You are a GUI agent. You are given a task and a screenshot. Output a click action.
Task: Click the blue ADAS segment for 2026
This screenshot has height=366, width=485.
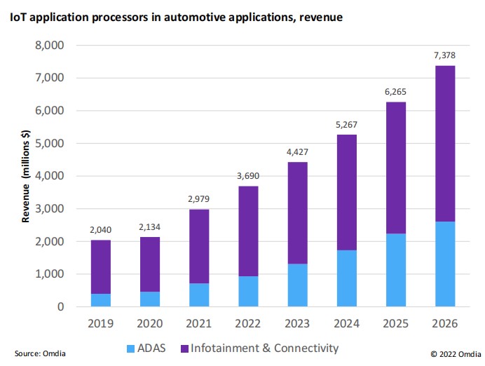point(445,264)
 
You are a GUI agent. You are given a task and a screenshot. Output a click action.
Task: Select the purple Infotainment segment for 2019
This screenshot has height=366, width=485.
point(100,266)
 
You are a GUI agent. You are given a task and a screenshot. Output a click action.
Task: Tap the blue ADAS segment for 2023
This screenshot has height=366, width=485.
point(297,285)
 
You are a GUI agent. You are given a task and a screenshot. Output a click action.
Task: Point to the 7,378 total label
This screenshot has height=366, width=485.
point(445,55)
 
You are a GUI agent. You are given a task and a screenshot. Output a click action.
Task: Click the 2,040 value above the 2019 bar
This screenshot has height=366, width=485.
point(100,230)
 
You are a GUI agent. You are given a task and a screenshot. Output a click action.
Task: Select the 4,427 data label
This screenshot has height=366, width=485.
point(297,152)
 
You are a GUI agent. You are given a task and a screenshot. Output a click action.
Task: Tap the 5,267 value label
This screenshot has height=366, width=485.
point(346,125)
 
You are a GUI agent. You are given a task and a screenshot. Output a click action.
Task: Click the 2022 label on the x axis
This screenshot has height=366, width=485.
point(248,325)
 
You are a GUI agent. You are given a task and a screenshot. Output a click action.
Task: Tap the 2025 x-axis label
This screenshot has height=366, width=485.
point(395,325)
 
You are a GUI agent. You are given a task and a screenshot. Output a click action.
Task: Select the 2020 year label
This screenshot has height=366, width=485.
point(149,325)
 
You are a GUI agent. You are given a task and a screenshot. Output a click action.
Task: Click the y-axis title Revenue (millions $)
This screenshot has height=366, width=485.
point(26,177)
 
